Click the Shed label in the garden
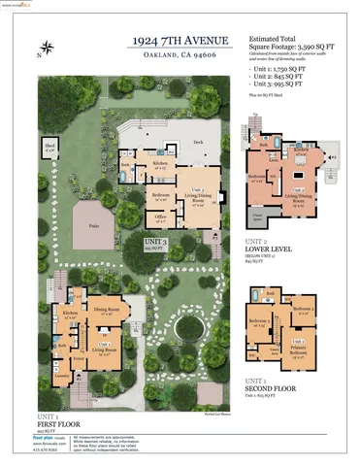pyautogui.click(x=49, y=146)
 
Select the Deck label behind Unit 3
pyautogui.click(x=198, y=143)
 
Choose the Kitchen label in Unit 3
pyautogui.click(x=161, y=164)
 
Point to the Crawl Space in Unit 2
pyautogui.click(x=258, y=215)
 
